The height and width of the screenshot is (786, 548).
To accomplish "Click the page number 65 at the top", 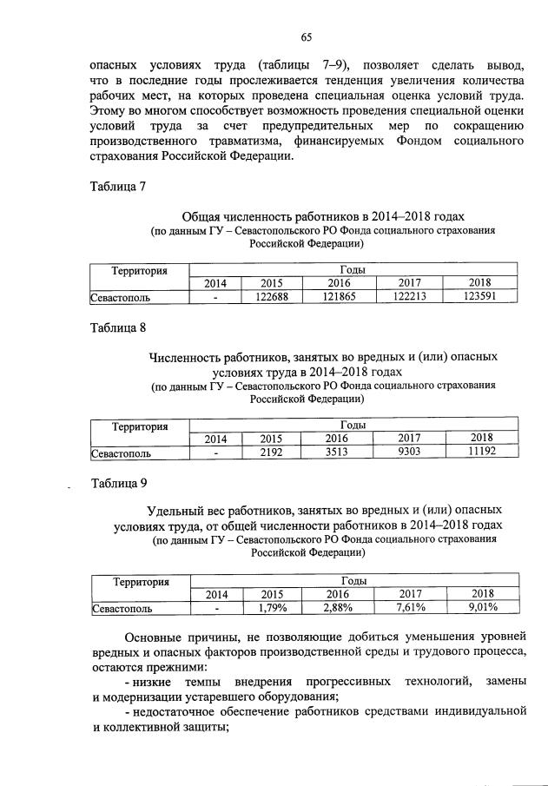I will pyautogui.click(x=307, y=36).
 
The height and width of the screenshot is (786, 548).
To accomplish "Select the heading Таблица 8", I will pyautogui.click(x=119, y=328).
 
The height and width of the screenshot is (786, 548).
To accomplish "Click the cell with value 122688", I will pyautogui.click(x=272, y=297).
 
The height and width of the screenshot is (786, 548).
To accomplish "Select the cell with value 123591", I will pyautogui.click(x=480, y=297).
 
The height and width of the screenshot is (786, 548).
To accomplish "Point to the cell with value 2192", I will pyautogui.click(x=272, y=452).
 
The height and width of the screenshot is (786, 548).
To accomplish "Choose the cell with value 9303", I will pyautogui.click(x=409, y=452).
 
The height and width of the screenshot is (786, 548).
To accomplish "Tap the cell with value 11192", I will pyautogui.click(x=480, y=452).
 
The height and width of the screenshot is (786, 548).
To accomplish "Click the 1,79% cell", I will pyautogui.click(x=272, y=608).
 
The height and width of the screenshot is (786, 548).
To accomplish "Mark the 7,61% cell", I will pyautogui.click(x=409, y=608).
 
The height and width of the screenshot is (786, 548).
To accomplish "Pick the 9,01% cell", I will pyautogui.click(x=480, y=608).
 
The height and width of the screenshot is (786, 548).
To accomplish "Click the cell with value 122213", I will pyautogui.click(x=409, y=297).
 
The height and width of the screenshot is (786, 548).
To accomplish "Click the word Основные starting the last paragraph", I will pyautogui.click(x=157, y=638).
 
